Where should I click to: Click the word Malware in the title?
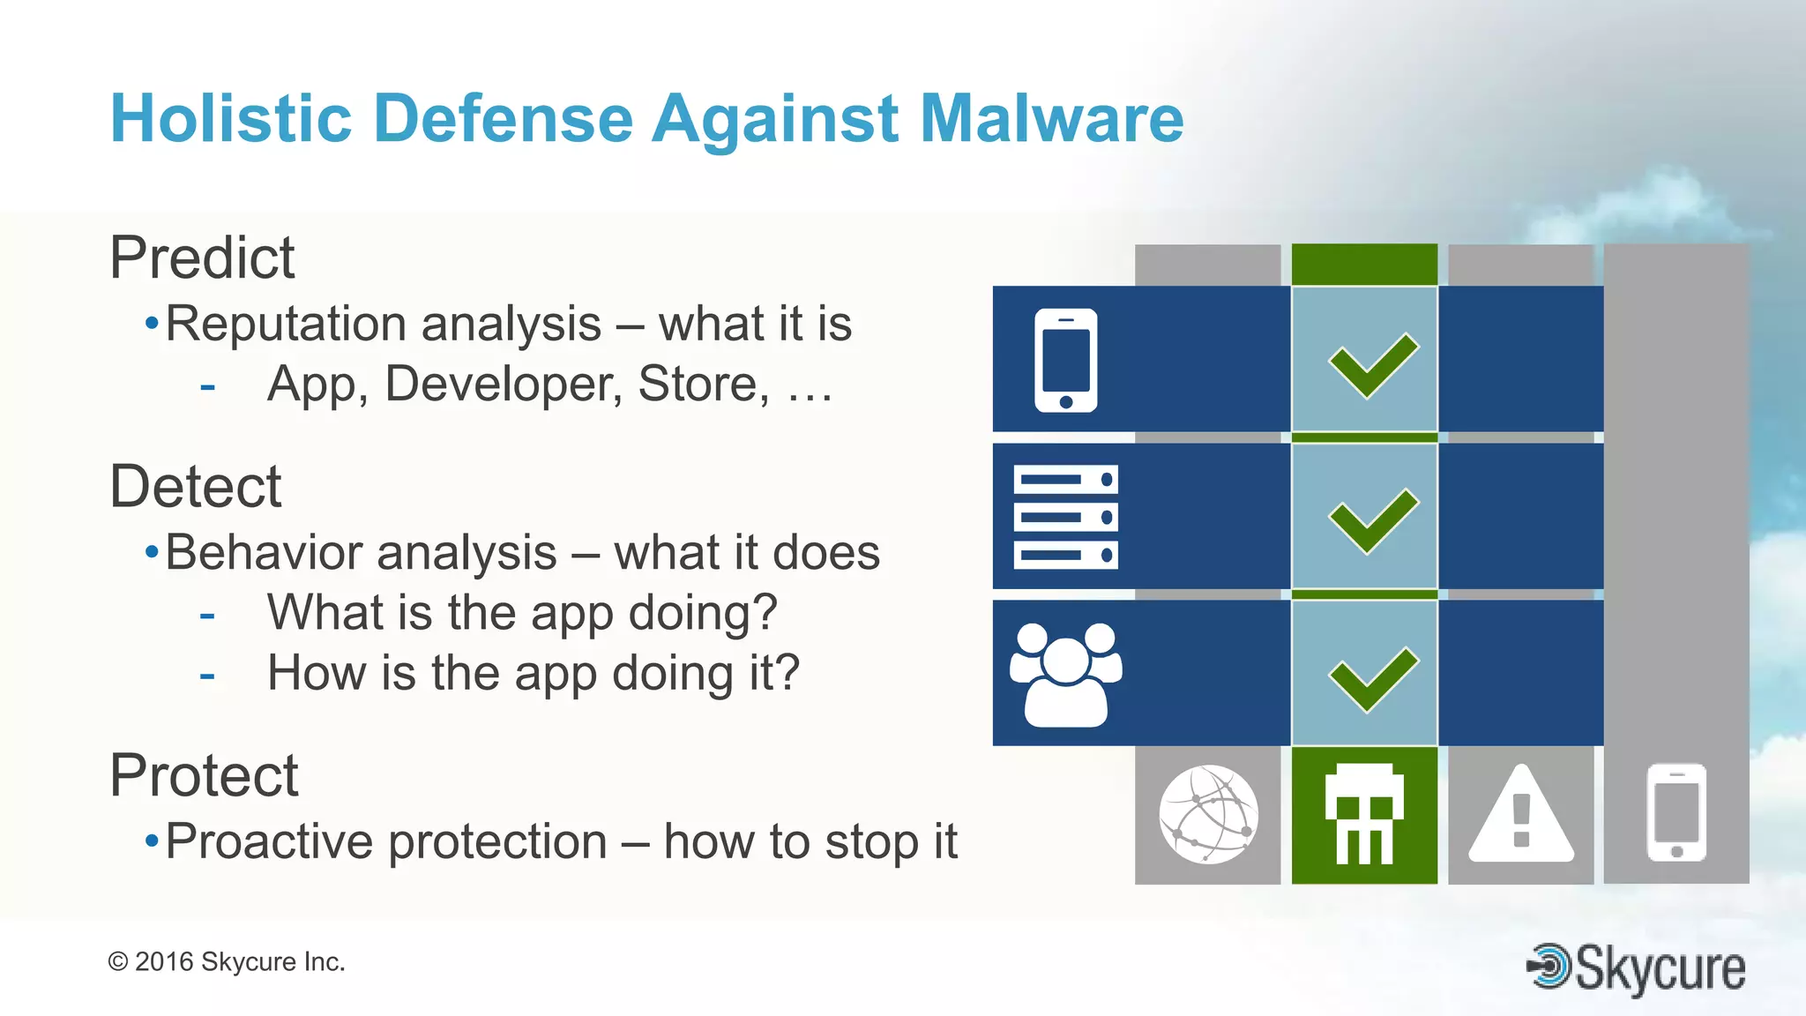(x=1051, y=118)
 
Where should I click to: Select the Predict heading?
(x=202, y=258)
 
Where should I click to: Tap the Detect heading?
(x=195, y=486)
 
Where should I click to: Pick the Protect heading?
(x=204, y=775)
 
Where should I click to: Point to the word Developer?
(x=504, y=384)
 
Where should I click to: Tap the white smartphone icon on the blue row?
(x=1065, y=360)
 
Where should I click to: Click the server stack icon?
(x=1065, y=517)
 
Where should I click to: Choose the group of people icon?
(x=1065, y=675)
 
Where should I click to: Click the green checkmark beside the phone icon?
(x=1372, y=365)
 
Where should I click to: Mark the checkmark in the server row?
(x=1372, y=520)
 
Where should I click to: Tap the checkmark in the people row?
(x=1372, y=678)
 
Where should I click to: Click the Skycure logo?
(x=1637, y=968)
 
